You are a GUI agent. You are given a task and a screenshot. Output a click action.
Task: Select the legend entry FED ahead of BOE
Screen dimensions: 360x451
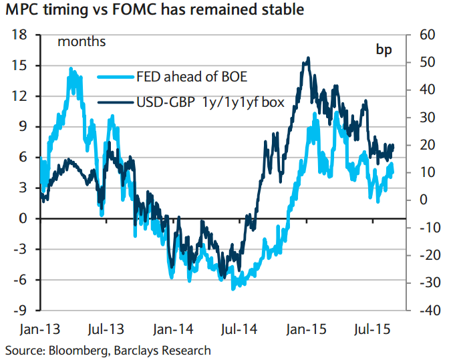click(191, 76)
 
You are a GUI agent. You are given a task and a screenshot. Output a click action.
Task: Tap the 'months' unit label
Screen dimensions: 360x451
click(82, 42)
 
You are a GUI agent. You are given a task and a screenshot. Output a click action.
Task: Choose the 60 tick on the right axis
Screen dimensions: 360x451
click(427, 35)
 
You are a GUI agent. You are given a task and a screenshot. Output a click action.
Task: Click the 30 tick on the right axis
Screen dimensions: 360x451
click(427, 118)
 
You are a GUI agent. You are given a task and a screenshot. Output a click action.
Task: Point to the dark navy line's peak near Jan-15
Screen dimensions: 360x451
click(307, 58)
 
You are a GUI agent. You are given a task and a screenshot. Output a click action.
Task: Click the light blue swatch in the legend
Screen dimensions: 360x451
click(114, 76)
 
